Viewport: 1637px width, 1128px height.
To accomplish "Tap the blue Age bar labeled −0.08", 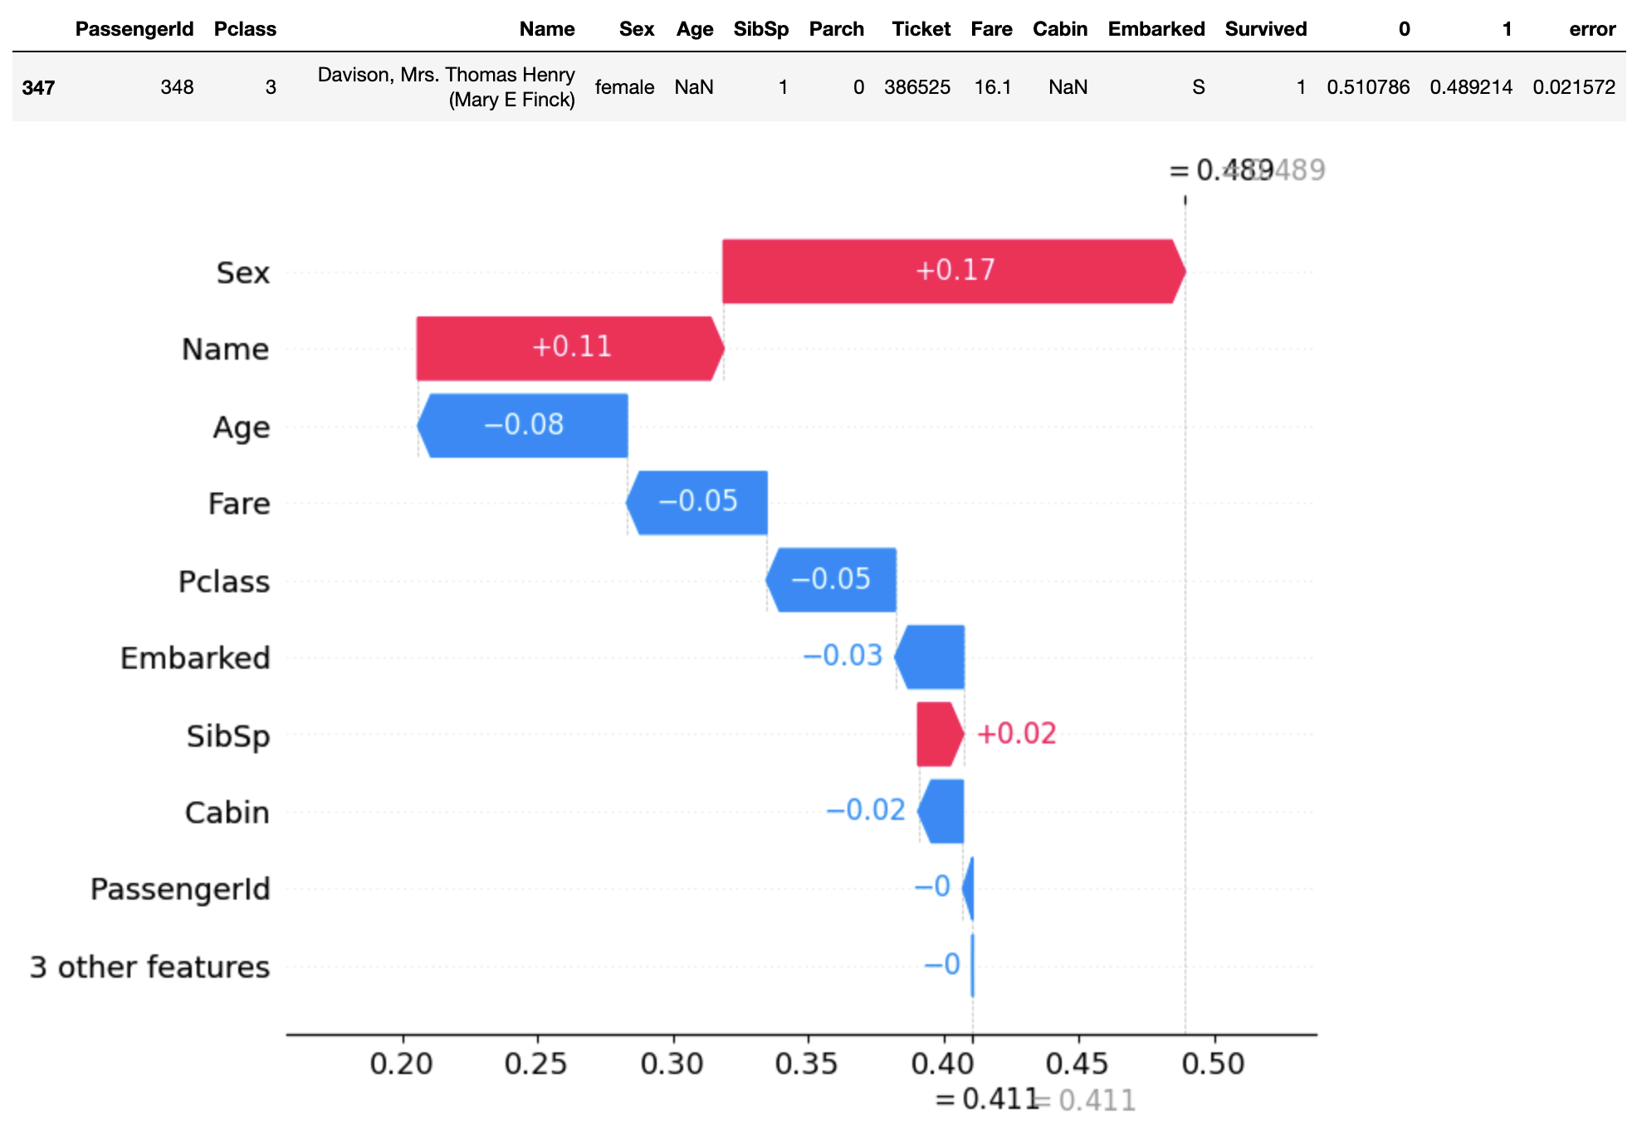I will point(524,425).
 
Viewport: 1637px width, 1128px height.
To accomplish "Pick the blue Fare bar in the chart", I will point(697,503).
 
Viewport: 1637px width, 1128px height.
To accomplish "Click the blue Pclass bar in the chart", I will point(832,580).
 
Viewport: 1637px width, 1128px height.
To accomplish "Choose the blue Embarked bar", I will point(931,657).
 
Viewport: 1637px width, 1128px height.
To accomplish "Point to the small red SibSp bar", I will point(939,734).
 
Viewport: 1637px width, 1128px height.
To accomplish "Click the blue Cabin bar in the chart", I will point(942,812).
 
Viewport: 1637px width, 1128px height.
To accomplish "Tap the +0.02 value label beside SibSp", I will point(1016,733).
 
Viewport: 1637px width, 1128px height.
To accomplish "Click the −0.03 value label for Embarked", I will point(843,655).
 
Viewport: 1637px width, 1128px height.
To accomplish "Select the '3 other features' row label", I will point(149,967).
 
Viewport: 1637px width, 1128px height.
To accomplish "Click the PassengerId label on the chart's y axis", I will point(180,889).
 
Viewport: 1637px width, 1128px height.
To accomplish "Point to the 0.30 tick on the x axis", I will point(672,1063).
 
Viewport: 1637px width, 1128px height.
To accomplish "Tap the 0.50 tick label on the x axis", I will point(1213,1063).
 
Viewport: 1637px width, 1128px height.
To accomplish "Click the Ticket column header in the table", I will point(921,29).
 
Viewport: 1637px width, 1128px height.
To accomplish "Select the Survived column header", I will point(1265,29).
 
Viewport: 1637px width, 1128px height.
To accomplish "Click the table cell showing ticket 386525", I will point(916,87).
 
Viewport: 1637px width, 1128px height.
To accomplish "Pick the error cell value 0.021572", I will point(1574,87).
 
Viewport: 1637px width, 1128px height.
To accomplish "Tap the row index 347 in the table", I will point(38,87).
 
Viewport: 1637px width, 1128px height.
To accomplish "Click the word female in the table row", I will point(624,87).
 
